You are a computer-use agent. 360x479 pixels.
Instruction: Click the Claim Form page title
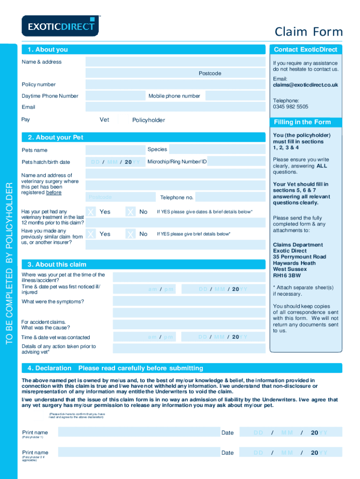point(309,32)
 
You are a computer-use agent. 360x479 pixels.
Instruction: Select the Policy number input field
point(175,85)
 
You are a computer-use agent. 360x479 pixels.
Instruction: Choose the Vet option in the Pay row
point(104,120)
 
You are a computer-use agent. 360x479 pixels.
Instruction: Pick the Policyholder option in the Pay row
point(148,120)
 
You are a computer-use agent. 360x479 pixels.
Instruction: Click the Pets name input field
point(115,150)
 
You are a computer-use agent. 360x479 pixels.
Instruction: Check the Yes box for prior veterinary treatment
point(92,212)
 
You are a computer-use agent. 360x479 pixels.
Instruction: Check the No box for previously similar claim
point(131,234)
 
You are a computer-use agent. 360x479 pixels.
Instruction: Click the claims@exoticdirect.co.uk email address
point(305,85)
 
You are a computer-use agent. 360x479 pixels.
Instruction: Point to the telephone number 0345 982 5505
point(290,107)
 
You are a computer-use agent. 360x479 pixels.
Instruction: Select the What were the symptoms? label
point(53,302)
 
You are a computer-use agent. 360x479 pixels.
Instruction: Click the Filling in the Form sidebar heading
point(302,122)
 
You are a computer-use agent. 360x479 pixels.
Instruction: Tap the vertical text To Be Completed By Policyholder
point(10,264)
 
